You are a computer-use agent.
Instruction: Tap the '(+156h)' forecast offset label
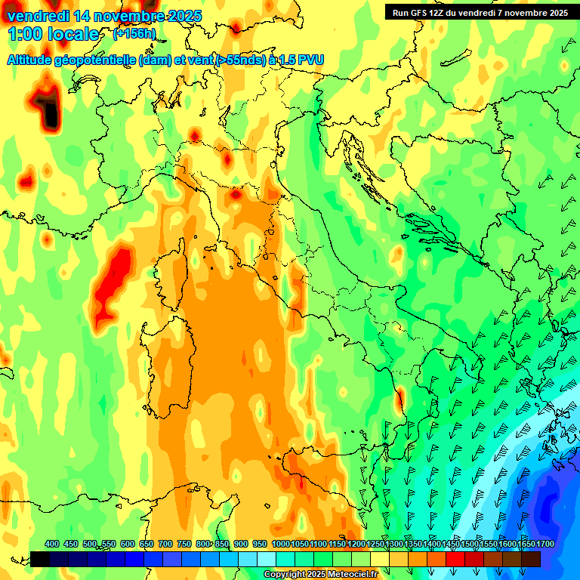coord(134,34)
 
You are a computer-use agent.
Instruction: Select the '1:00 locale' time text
coord(52,34)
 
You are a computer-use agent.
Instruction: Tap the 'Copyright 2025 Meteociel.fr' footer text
coord(320,575)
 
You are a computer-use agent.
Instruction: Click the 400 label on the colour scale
coord(52,545)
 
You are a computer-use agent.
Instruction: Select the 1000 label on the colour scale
coord(280,545)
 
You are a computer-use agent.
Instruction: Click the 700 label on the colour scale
coord(165,545)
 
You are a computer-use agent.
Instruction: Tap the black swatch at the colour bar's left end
coord(40,559)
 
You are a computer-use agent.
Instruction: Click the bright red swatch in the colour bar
coord(455,559)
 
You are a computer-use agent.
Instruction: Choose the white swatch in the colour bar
coord(267,559)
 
